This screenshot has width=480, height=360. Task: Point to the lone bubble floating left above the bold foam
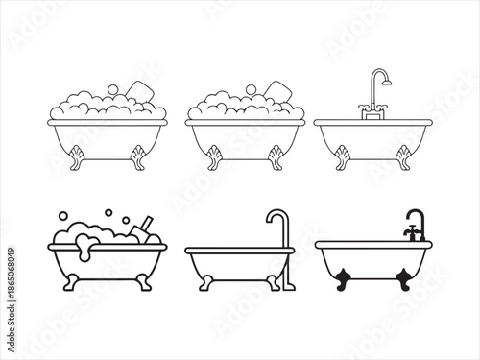click(x=84, y=217)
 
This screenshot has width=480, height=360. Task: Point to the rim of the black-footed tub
click(x=373, y=244)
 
